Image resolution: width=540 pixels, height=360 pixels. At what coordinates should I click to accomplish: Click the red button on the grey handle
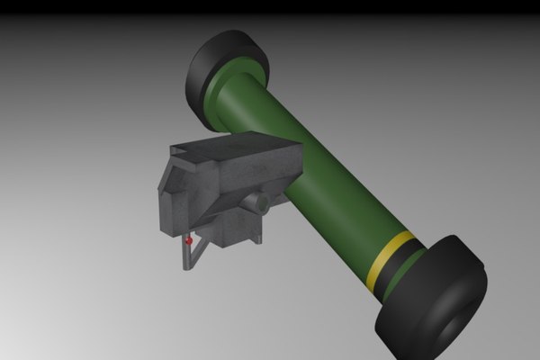tap(187, 241)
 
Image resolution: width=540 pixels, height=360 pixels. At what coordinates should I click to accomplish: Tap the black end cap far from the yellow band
tap(225, 67)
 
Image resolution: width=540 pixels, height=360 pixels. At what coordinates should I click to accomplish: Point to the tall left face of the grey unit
tap(172, 202)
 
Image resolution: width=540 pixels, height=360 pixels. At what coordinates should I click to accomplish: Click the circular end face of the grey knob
tap(264, 204)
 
